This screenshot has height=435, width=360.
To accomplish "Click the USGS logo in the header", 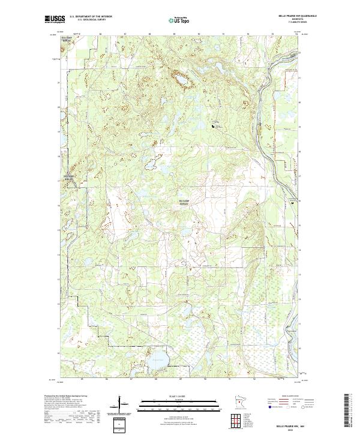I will pos(56,19).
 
